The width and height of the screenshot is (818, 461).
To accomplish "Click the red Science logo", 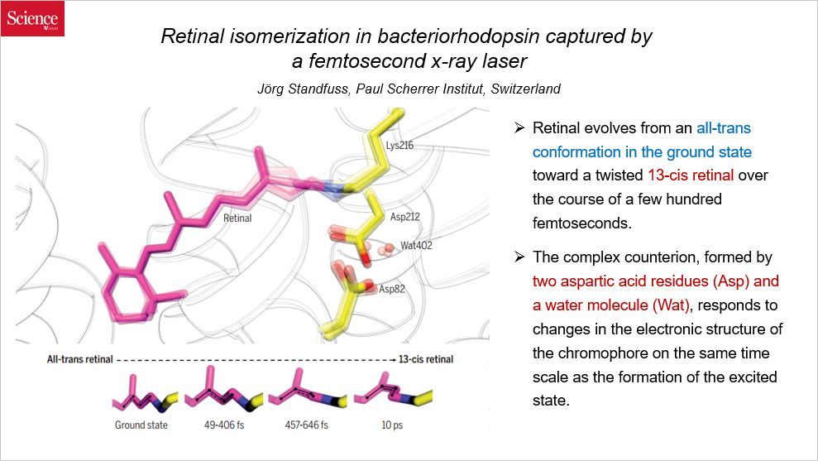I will pyautogui.click(x=32, y=19).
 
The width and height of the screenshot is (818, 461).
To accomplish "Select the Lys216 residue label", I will pyautogui.click(x=399, y=146).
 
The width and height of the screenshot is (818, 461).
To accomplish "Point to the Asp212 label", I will pyautogui.click(x=405, y=216).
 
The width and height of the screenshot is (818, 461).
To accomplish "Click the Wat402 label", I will pyautogui.click(x=416, y=246).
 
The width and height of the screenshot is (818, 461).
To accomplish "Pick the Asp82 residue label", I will pyautogui.click(x=393, y=289).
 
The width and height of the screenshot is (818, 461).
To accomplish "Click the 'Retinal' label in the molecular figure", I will pyautogui.click(x=237, y=219).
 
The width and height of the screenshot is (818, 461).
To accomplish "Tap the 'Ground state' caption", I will pyautogui.click(x=141, y=425).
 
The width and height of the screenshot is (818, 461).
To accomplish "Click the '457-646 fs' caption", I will pyautogui.click(x=301, y=425).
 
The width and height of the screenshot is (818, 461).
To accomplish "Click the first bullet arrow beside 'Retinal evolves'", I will pyautogui.click(x=519, y=128).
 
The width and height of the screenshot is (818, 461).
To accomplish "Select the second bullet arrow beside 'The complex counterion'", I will pyautogui.click(x=519, y=257).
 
